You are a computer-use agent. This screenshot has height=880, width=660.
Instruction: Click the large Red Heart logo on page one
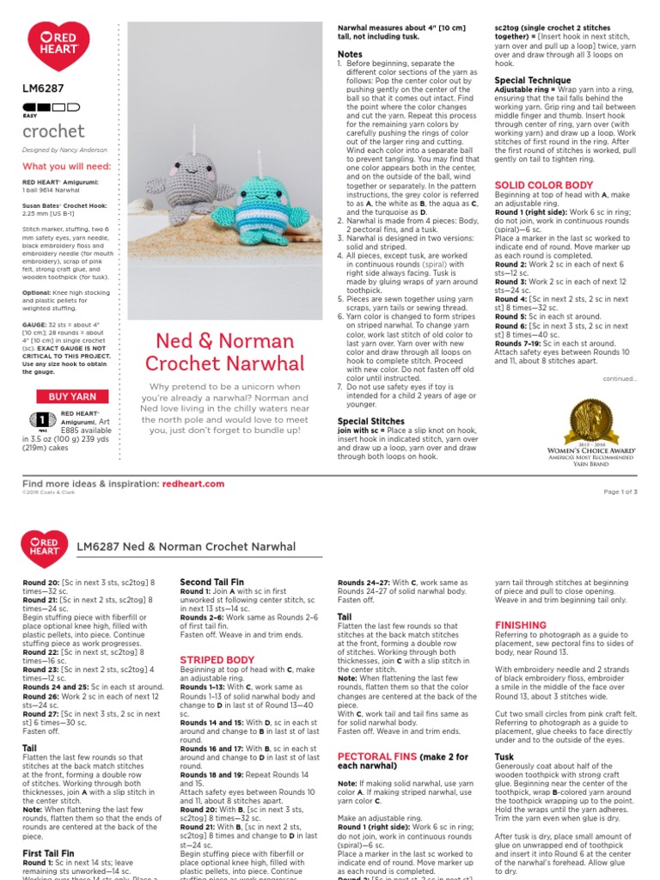[52, 46]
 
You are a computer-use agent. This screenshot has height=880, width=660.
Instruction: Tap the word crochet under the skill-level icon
[53, 131]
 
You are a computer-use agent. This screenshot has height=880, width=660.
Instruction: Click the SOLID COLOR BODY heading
[543, 186]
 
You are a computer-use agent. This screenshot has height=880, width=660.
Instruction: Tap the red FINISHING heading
[520, 625]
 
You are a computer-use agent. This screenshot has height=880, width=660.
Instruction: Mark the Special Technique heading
[533, 80]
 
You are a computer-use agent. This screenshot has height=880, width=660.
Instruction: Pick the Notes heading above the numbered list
[350, 54]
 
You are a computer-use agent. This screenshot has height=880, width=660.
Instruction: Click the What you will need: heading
[66, 166]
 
